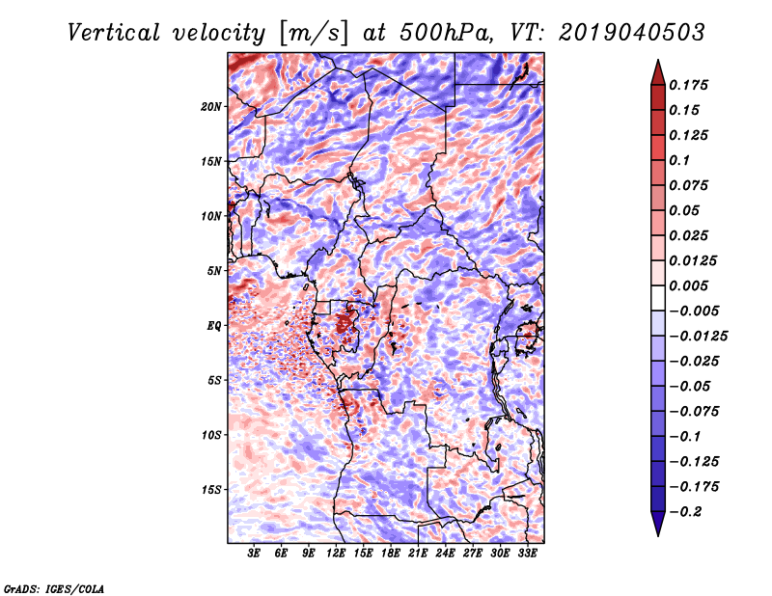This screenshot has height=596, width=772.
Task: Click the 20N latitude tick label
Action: (211, 107)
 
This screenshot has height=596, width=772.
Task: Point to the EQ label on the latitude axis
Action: (214, 326)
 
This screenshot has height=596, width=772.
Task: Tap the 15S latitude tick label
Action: (211, 490)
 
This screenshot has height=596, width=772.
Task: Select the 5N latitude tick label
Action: (214, 271)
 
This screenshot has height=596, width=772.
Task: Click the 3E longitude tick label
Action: (254, 554)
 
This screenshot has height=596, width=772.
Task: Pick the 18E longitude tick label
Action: (391, 554)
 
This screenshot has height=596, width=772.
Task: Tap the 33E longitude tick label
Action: (527, 554)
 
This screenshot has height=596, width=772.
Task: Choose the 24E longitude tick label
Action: (445, 554)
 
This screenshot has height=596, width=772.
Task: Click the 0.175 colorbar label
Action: (688, 85)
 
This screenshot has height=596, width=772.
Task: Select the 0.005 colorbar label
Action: (688, 285)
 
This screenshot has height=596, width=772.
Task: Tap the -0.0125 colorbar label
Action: (698, 337)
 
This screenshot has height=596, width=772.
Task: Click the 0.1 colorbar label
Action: (679, 160)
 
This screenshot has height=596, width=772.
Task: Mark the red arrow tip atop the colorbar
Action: (658, 60)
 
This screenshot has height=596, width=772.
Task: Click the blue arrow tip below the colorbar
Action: (658, 535)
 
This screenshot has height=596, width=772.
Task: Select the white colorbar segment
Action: (658, 298)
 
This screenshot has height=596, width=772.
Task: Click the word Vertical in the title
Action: (114, 33)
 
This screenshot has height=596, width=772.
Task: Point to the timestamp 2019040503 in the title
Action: (632, 33)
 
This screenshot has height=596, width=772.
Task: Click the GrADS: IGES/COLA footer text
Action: (54, 589)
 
